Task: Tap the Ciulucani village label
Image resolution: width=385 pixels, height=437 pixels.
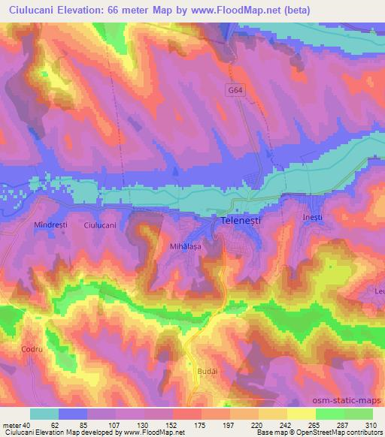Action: (x=100, y=225)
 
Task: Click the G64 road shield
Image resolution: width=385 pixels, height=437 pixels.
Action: (x=237, y=89)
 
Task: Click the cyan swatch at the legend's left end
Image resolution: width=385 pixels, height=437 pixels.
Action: (x=45, y=414)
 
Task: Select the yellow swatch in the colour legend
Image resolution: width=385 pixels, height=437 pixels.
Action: (x=302, y=414)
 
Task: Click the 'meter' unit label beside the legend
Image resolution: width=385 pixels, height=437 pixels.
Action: (x=12, y=424)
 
